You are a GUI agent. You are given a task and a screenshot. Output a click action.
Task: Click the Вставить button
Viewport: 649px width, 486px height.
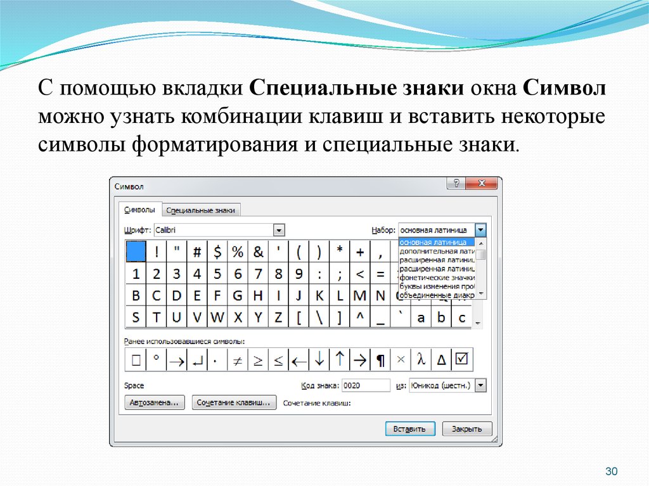410,429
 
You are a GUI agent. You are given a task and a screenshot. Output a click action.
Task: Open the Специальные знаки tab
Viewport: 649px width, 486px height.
201,210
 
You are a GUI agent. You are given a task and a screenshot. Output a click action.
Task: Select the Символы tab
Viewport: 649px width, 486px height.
140,210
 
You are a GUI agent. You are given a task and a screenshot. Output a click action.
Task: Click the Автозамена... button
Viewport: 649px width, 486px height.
155,402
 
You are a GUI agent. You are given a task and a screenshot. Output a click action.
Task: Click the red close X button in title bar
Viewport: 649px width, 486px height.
482,183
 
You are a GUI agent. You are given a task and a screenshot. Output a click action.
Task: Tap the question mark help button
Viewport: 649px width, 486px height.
456,183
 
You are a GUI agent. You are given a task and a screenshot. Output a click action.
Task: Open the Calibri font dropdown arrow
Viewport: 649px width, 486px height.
279,230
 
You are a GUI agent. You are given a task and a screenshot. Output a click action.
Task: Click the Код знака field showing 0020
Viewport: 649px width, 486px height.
366,385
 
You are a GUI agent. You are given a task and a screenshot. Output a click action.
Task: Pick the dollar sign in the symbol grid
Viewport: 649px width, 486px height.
217,252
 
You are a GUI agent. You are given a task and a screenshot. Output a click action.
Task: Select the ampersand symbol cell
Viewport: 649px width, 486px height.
259,252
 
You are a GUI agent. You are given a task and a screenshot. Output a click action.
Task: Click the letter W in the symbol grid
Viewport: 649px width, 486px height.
217,317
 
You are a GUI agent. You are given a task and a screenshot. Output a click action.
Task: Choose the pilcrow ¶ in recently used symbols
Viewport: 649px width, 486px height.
380,360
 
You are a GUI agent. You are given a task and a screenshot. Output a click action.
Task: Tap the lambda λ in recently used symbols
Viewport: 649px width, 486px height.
421,360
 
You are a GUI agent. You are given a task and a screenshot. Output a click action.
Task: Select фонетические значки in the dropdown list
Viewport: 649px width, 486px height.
437,278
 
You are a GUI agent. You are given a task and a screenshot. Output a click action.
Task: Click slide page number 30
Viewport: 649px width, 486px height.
612,471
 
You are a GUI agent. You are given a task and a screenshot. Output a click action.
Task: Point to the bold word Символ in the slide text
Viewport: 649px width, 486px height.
564,88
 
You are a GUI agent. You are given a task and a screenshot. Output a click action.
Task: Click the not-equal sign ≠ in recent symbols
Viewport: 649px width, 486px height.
238,360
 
